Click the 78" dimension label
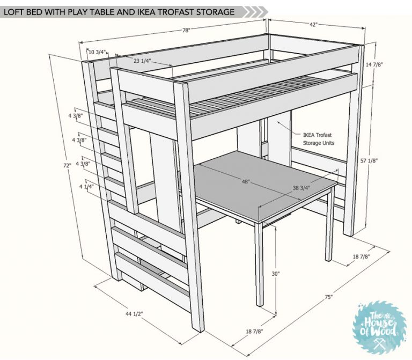tap(186, 30)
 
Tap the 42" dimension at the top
tap(313, 25)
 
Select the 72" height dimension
tap(67, 166)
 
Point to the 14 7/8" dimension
tap(374, 64)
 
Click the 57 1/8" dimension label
tap(369, 160)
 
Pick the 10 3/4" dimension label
tap(97, 52)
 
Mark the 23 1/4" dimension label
tap(142, 61)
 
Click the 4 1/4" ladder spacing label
tap(86, 187)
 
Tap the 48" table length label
tap(246, 181)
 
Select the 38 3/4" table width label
tap(301, 188)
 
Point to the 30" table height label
tap(276, 274)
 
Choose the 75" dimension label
tap(329, 297)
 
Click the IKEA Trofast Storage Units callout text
tap(319, 139)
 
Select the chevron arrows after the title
tap(255, 12)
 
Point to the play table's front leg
tap(259, 264)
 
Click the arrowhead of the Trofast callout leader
tap(278, 122)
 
